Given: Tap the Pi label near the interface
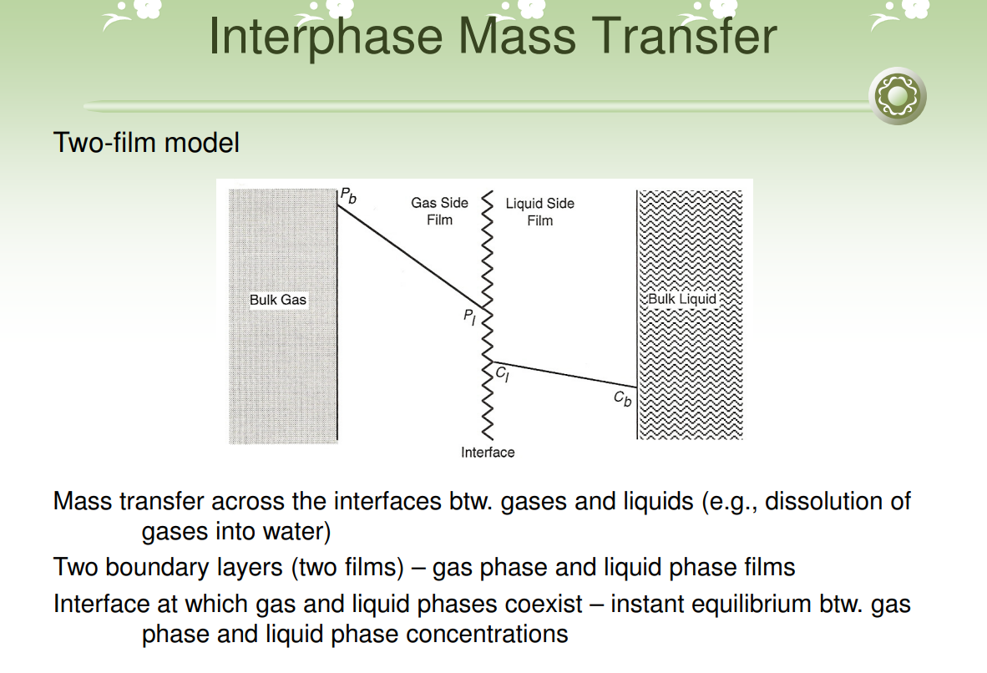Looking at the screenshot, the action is [x=470, y=319].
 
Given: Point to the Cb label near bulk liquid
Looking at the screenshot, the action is [x=623, y=399].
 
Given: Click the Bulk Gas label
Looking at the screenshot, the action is [x=278, y=299].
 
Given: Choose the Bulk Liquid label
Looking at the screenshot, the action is [x=682, y=299].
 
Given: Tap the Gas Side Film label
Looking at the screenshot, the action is [x=439, y=211].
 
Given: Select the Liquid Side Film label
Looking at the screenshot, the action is [x=540, y=212].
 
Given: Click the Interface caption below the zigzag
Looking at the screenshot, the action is [x=488, y=452].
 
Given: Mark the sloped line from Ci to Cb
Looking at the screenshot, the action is [x=568, y=375].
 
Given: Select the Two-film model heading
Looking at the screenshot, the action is [x=146, y=143].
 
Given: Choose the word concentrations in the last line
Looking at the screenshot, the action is [x=487, y=634].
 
